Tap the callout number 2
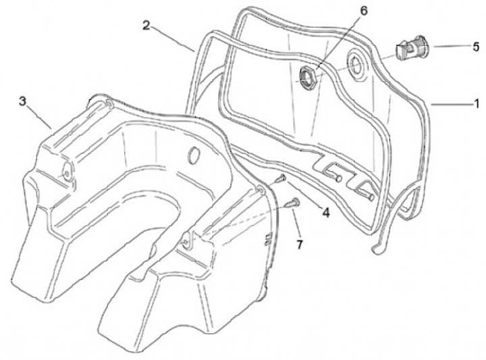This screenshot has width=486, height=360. (x=146, y=25)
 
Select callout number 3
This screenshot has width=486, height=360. (x=24, y=101)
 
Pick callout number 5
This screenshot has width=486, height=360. (x=476, y=48)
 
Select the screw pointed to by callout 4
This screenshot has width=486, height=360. (x=281, y=178)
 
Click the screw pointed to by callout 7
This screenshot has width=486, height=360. (x=293, y=202)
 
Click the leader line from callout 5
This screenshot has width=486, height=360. (x=449, y=47)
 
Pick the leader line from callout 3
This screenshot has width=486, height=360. (x=41, y=116)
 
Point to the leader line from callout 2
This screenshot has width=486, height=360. (x=173, y=38)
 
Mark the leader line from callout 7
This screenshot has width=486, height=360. (x=298, y=223)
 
